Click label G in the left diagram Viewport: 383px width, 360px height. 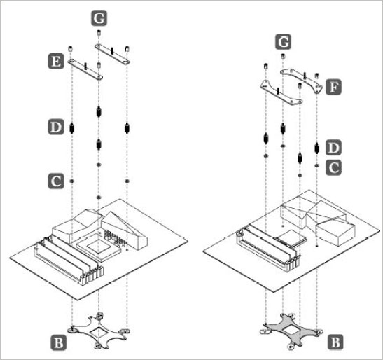tap(99, 18)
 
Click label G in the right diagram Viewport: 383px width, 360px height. tap(284, 41)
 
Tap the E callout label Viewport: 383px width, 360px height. tap(56, 62)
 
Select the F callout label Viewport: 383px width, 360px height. tap(334, 87)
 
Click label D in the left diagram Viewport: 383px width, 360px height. tap(56, 127)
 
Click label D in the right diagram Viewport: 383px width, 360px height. tap(334, 148)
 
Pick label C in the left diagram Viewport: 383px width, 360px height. tap(56, 181)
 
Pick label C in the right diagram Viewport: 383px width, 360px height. tap(334, 167)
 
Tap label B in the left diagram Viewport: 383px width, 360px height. tap(58, 342)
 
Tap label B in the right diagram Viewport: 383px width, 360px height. tap(335, 342)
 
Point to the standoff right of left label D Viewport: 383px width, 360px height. tap(71, 127)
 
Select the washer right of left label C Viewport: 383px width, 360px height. tap(72, 181)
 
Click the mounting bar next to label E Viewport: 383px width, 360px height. tap(85, 69)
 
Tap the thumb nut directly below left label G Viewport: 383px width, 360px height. tap(98, 32)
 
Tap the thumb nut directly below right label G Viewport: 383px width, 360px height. tap(283, 56)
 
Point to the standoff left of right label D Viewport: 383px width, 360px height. tap(300, 158)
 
